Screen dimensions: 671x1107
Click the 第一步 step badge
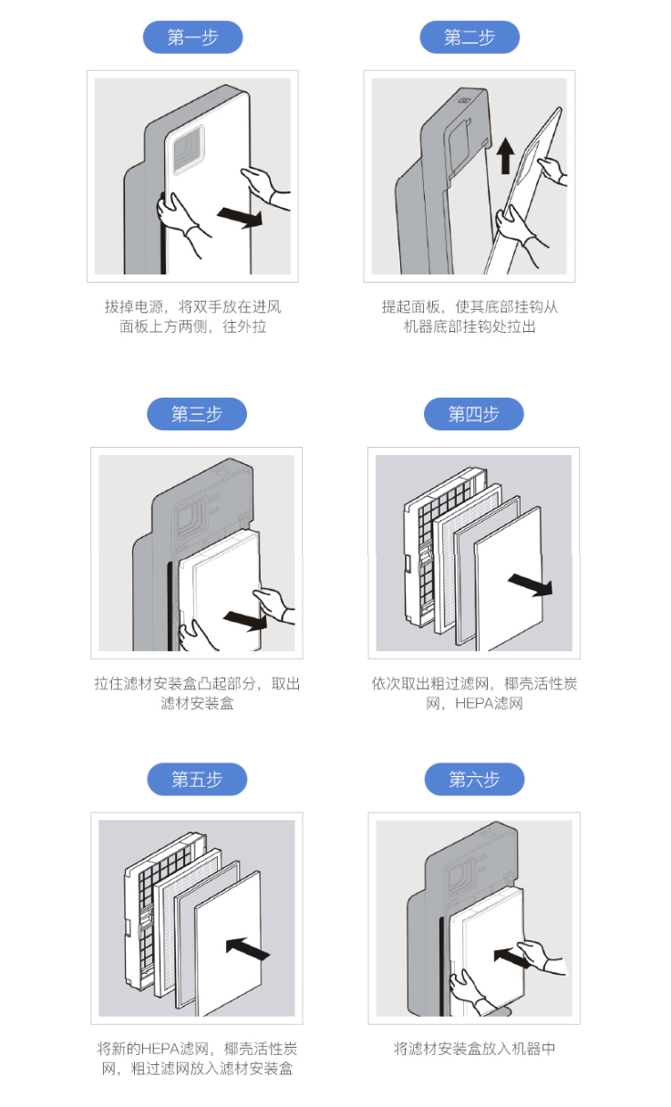coord(193,37)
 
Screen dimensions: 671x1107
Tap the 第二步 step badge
coord(470,37)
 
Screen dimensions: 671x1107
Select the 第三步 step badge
coord(197,414)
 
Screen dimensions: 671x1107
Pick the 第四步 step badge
coord(474,414)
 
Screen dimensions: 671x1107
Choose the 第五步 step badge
coord(197,780)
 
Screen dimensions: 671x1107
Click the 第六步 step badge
coord(474,780)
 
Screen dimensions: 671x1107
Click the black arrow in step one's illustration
coord(240,215)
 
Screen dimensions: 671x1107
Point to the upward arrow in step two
coord(505,155)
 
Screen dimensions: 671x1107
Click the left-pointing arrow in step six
coord(513,956)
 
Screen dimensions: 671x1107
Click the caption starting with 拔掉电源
coord(193,316)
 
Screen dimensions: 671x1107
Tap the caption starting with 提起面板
coord(470,316)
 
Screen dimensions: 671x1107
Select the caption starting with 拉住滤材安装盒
coord(197,693)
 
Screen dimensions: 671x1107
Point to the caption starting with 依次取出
coord(474,693)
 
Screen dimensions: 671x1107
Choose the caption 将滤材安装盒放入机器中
coord(474,1049)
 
